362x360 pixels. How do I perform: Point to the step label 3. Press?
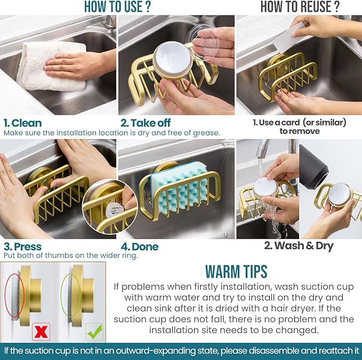point(23,246)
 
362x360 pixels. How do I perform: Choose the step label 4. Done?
point(140,246)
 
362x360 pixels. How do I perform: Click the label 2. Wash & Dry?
point(299,246)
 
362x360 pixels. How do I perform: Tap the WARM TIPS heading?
point(236,271)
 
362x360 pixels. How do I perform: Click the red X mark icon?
point(40,331)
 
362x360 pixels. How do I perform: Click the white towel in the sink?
point(51,64)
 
